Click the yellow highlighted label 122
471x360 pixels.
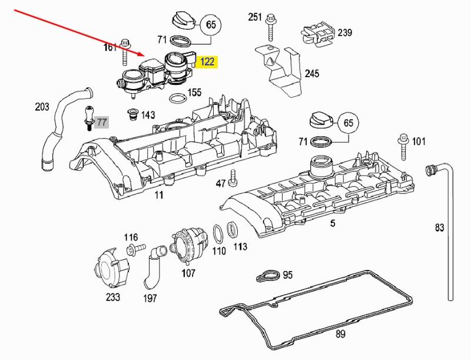click(208, 62)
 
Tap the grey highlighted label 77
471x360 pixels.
click(102, 123)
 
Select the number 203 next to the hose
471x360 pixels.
click(42, 107)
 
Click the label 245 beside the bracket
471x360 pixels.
click(312, 74)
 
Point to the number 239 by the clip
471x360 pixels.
click(344, 32)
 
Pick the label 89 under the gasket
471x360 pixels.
click(340, 335)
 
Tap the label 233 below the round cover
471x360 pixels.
click(113, 297)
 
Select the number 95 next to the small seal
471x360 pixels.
click(287, 275)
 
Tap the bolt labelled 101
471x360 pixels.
click(404, 146)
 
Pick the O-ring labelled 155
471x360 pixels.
click(176, 97)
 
